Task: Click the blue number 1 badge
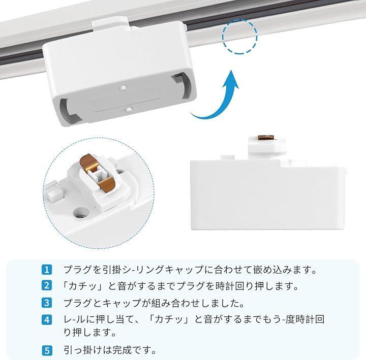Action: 47,270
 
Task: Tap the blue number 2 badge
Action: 47,286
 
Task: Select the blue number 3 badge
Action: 47,303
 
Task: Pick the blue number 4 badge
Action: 47,320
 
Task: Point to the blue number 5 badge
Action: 47,351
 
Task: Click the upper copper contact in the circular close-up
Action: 88,163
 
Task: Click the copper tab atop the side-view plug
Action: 266,137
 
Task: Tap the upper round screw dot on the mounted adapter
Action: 123,88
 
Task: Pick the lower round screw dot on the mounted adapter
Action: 129,109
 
